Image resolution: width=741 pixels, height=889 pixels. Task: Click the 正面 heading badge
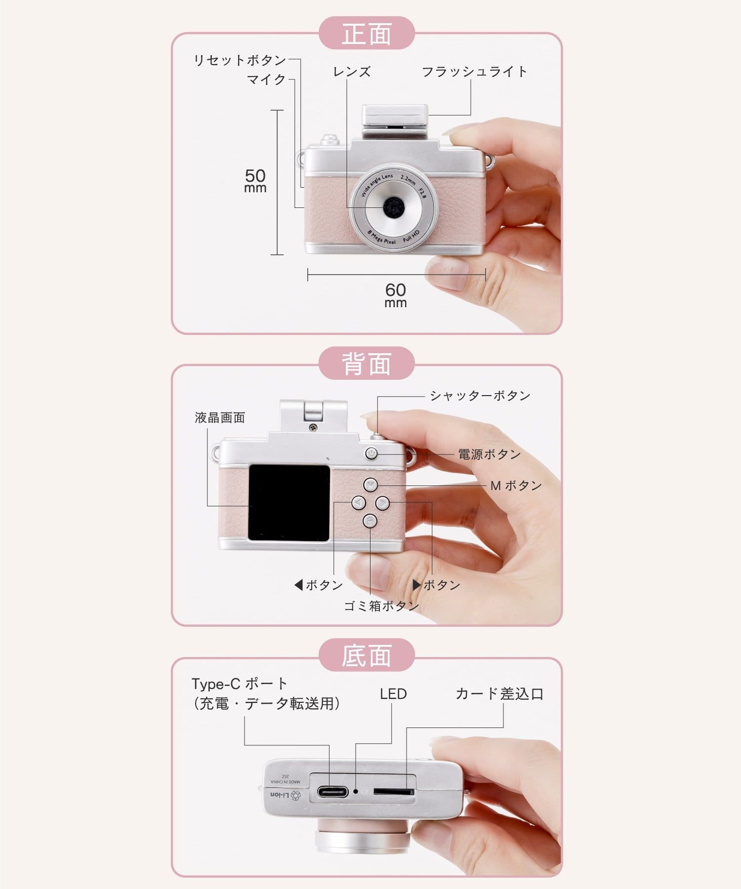[x=366, y=33]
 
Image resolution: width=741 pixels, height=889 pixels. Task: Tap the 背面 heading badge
[x=366, y=363]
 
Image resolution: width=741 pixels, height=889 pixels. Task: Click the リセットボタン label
[x=240, y=60]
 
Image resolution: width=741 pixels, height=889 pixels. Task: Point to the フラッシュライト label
[x=474, y=72]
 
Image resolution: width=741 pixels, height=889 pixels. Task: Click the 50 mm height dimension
[x=255, y=181]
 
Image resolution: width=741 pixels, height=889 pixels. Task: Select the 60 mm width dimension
[x=396, y=295]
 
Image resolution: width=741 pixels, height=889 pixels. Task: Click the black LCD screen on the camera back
[x=288, y=503]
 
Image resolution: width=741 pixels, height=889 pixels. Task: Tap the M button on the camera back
[x=370, y=485]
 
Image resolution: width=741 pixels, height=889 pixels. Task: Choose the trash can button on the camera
[x=370, y=521]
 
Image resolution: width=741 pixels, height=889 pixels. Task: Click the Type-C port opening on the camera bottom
[x=332, y=792]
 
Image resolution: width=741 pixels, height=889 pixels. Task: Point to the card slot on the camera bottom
[x=393, y=791]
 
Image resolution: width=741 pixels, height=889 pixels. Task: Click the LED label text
[x=393, y=694]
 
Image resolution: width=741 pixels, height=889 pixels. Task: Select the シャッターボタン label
[x=480, y=396]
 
